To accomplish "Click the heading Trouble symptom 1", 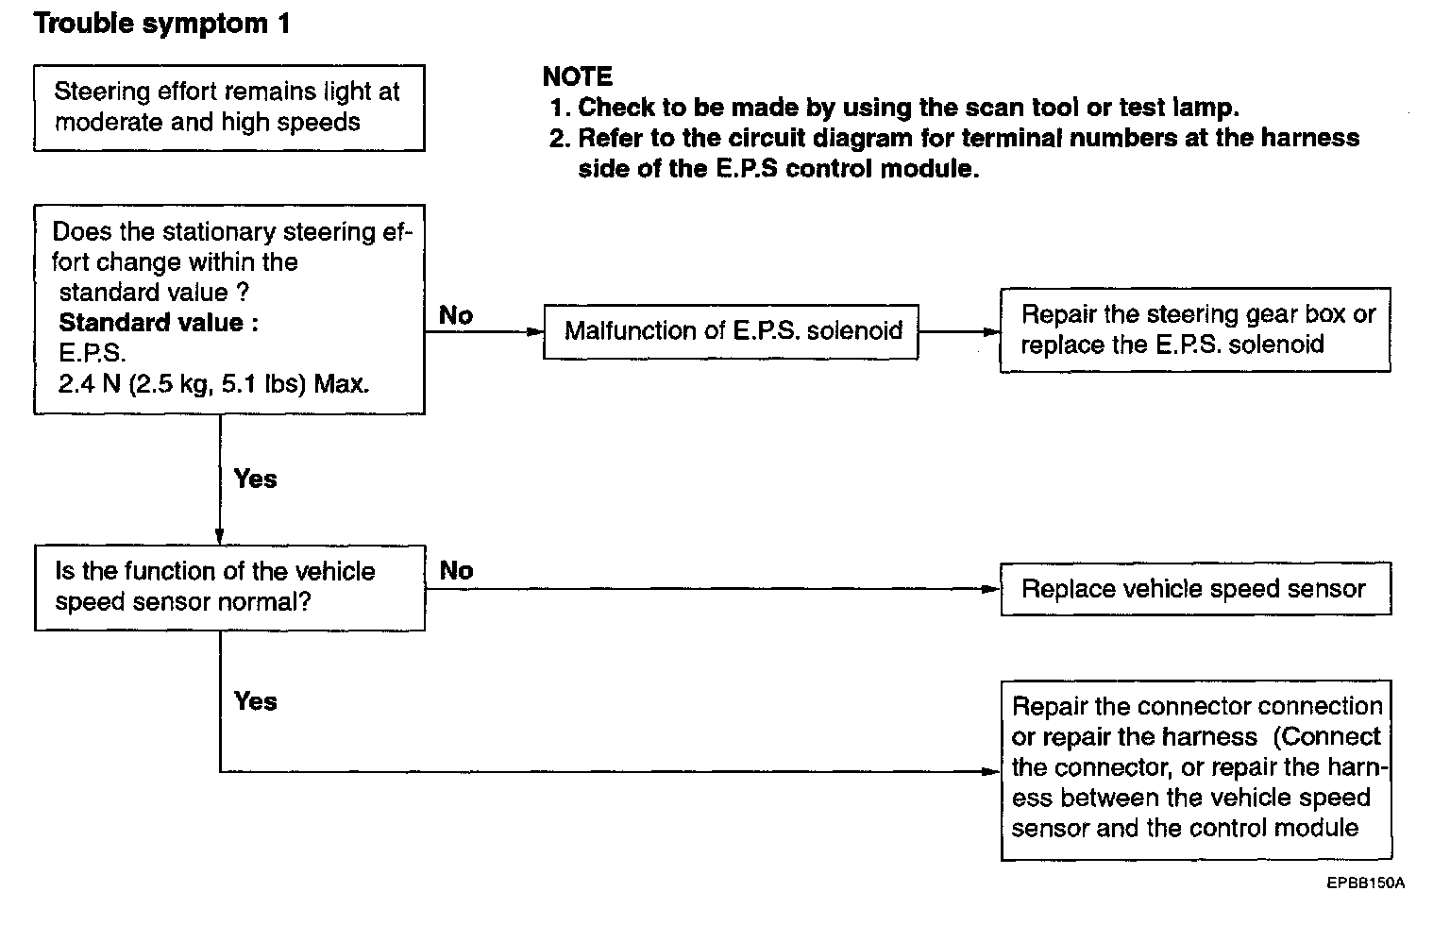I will [x=161, y=25].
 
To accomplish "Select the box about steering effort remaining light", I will [x=228, y=108].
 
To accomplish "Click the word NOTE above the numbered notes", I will [x=577, y=77].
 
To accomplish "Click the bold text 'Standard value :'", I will [x=159, y=323].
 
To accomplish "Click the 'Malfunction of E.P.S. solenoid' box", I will [x=731, y=331].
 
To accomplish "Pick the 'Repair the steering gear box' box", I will [x=1195, y=330].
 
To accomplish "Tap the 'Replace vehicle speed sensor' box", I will [x=1195, y=589].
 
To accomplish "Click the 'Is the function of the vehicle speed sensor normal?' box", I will [x=228, y=587].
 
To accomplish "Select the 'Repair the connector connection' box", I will [x=1195, y=769].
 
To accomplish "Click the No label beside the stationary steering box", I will [x=456, y=316].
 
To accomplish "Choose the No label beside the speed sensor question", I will [x=456, y=571].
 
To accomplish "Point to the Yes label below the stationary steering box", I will [x=255, y=479].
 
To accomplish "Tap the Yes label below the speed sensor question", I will [x=255, y=701].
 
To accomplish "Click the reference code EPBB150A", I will [x=1365, y=883].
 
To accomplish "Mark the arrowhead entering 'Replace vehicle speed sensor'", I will [x=992, y=589].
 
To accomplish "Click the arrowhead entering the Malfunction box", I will [x=536, y=332].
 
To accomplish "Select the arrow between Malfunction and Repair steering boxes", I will [x=958, y=332].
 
